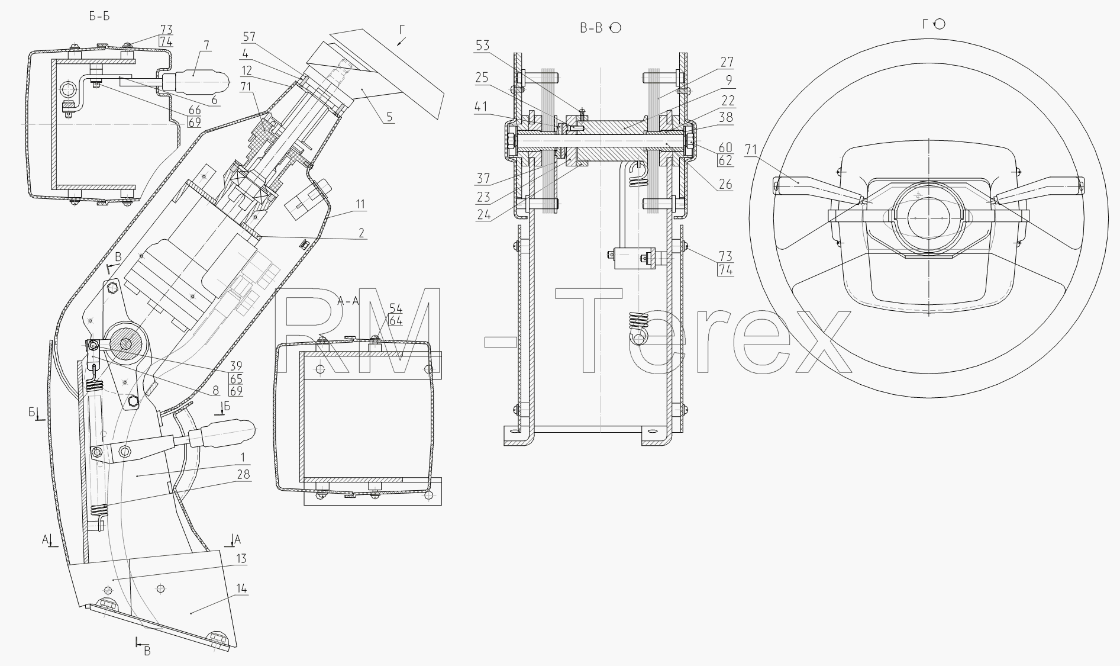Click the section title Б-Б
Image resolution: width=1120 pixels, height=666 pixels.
[x=99, y=16]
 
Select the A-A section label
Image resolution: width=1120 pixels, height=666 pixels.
[x=348, y=301]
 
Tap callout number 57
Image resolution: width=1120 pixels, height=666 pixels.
[x=249, y=36]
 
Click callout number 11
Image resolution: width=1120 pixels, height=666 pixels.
[x=360, y=204]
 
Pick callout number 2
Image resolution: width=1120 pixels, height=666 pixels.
[x=360, y=233]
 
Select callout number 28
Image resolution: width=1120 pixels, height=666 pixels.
[x=243, y=474]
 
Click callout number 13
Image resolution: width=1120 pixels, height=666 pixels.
[x=241, y=559]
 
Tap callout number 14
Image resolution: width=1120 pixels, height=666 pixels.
[x=241, y=589]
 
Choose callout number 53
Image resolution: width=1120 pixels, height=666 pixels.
[x=483, y=46]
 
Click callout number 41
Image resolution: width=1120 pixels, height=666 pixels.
[x=482, y=107]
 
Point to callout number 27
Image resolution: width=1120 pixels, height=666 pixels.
[x=727, y=62]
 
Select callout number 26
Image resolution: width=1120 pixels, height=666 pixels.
[x=725, y=185]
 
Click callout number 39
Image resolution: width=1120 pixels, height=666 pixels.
[x=236, y=366]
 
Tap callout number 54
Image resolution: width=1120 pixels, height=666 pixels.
[x=396, y=309]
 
